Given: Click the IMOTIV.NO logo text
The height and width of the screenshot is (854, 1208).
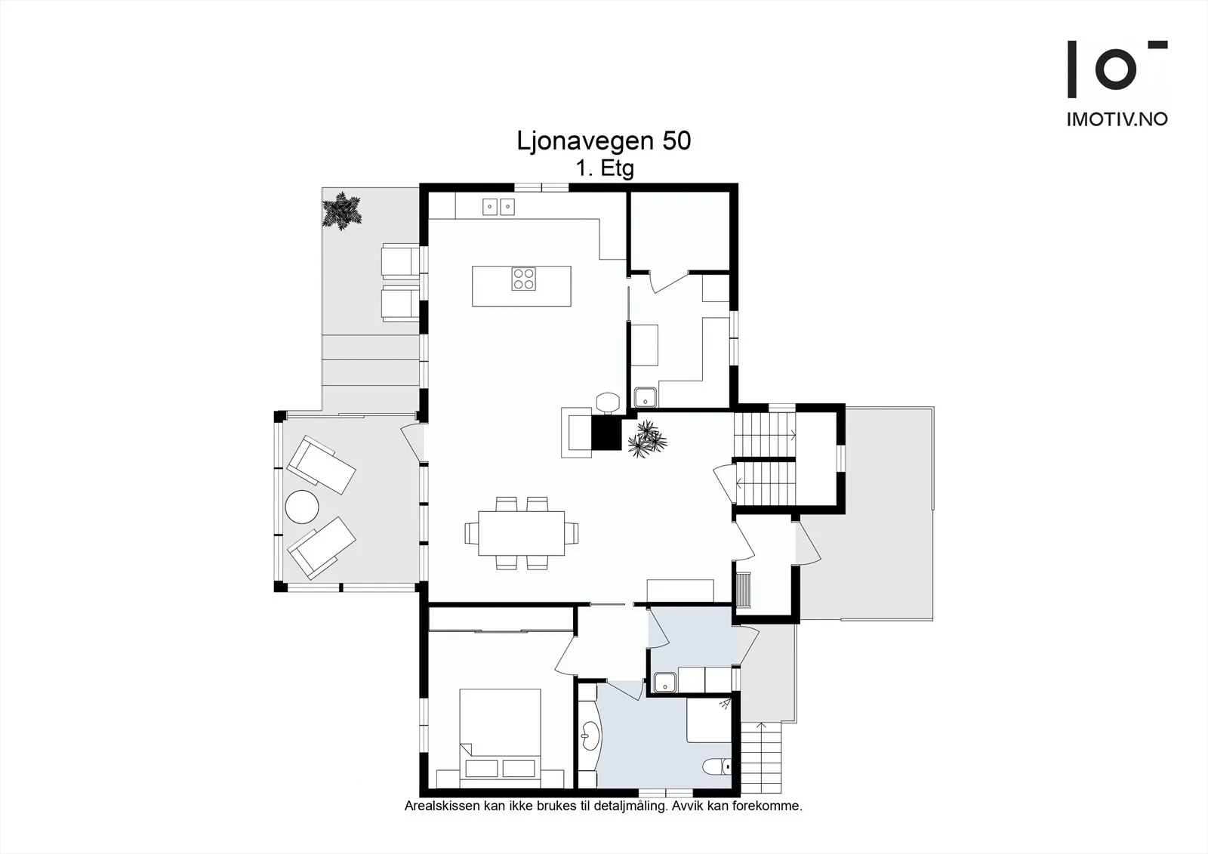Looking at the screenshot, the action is (1117, 119).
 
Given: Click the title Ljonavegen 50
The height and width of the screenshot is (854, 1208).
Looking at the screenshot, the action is (603, 140).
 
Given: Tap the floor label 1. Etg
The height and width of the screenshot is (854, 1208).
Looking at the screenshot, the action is (605, 168).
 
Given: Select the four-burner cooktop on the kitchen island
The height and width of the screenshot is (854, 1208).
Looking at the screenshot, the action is (524, 279).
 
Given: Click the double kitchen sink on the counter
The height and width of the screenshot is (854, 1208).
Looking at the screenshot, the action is (498, 207).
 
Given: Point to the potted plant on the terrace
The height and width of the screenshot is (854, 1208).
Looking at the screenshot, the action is (342, 211).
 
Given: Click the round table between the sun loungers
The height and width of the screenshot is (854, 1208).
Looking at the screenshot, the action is (302, 507).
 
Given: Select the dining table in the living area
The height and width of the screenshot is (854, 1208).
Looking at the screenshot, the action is (521, 533).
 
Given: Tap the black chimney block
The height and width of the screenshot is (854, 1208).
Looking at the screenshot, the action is (607, 433).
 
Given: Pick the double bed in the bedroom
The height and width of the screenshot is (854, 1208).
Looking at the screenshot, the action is (500, 738).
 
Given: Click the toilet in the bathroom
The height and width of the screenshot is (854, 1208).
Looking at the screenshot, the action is (717, 766).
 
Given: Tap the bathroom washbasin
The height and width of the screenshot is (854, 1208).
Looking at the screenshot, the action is (590, 736).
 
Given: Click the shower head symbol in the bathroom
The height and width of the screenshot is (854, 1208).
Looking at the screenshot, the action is (724, 704).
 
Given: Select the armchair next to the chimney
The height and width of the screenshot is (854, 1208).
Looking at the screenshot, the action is (577, 433).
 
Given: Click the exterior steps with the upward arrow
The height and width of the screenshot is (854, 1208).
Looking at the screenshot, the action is (761, 757).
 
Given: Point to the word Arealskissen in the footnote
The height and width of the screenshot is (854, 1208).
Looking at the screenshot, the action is (442, 806).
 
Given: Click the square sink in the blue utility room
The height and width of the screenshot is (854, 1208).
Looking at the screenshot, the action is (665, 683).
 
